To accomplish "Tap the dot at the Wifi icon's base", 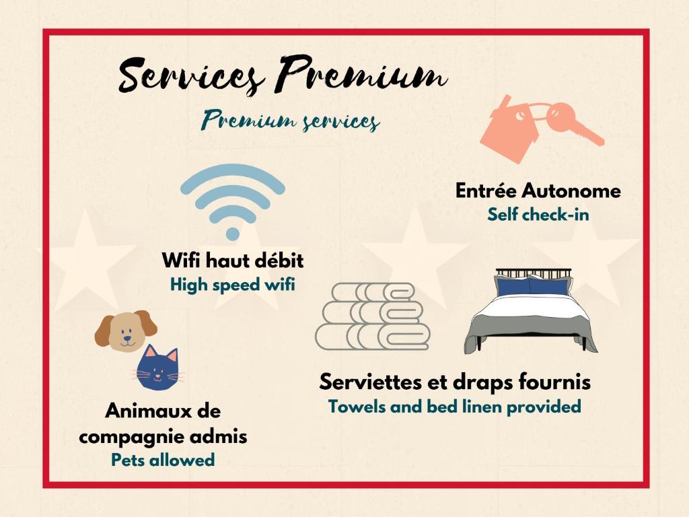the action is pyautogui.click(x=232, y=234).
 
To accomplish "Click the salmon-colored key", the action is pyautogui.click(x=573, y=123).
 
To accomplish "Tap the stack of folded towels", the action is pyautogui.click(x=373, y=316).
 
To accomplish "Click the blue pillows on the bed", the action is pyautogui.click(x=533, y=285).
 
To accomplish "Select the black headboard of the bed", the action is pyautogui.click(x=534, y=273).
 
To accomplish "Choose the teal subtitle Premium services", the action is pyautogui.click(x=291, y=120).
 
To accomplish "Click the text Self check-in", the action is pyautogui.click(x=538, y=215).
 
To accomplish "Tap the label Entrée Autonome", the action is pyautogui.click(x=538, y=191).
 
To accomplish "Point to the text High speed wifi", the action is pyautogui.click(x=232, y=285).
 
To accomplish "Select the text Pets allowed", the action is pyautogui.click(x=163, y=460).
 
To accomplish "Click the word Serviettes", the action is pyautogui.click(x=370, y=382).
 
